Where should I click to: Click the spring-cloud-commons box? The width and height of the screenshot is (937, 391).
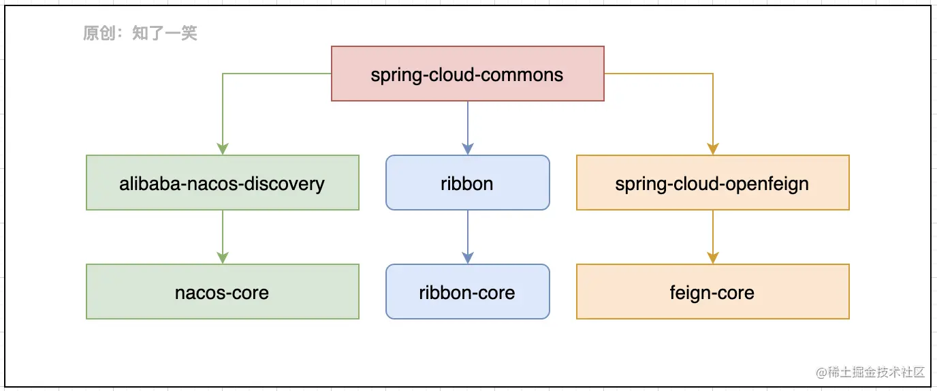click(468, 74)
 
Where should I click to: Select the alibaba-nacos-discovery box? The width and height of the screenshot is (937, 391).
click(223, 183)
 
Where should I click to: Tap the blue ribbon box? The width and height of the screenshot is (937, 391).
click(468, 183)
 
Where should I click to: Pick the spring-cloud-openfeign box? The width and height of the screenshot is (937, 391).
click(713, 183)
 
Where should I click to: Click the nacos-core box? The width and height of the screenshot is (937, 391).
click(223, 292)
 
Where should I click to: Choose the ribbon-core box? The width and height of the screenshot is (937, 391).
click(468, 292)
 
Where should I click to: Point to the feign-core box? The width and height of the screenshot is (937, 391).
click(713, 292)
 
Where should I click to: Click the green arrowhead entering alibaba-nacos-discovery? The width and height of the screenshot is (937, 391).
click(223, 149)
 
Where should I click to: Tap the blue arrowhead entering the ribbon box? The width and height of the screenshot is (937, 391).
click(468, 149)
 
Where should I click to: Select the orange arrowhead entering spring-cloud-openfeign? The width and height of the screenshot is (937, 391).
click(713, 149)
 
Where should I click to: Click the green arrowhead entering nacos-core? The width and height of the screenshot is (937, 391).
click(223, 258)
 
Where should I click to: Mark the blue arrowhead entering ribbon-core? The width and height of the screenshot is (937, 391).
click(468, 258)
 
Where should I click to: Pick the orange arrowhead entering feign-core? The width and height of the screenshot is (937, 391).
click(713, 258)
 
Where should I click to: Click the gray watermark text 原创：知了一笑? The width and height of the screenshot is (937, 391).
click(140, 33)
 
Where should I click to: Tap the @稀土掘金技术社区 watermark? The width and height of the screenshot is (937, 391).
click(870, 372)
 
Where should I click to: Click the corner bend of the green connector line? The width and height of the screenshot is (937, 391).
click(223, 74)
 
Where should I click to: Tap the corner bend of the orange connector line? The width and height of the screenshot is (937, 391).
click(713, 74)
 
